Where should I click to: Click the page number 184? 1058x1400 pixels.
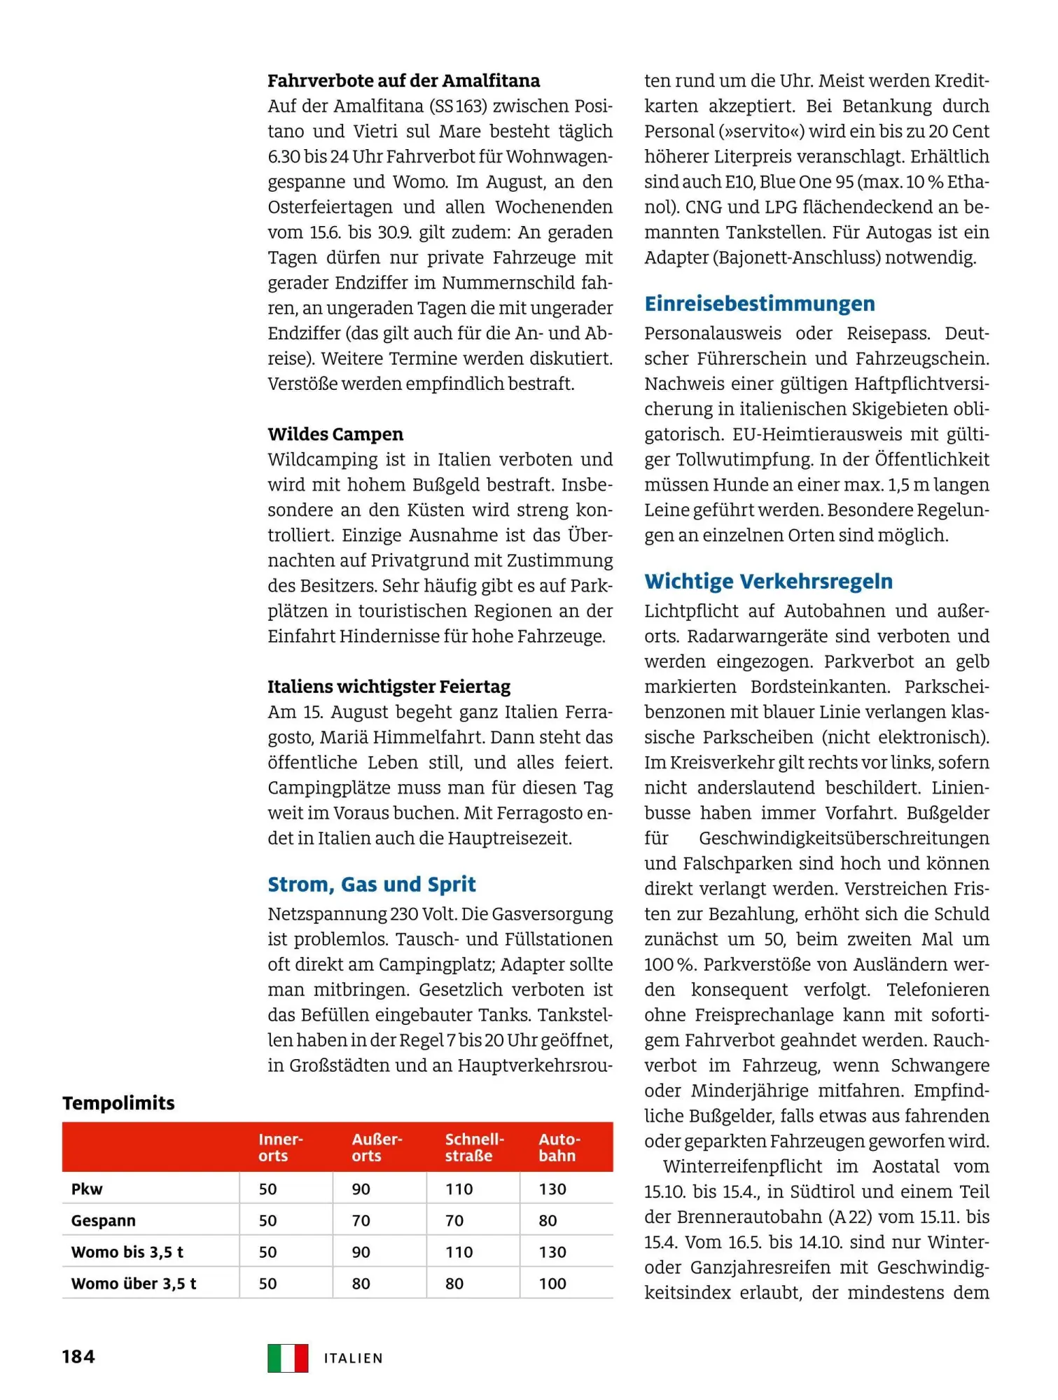tap(78, 1357)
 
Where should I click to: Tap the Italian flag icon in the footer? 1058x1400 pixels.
tap(287, 1358)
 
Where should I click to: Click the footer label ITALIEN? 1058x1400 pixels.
tap(354, 1359)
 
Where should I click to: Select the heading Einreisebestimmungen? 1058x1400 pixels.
tap(759, 303)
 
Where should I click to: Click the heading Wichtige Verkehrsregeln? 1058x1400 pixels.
tap(768, 581)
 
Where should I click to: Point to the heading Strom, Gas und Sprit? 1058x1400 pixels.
tap(371, 884)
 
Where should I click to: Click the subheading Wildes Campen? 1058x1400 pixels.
tap(335, 434)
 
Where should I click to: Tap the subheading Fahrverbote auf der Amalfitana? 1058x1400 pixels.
tap(403, 80)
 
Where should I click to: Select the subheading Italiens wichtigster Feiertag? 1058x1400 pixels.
tap(389, 686)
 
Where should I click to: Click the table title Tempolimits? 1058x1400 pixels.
tap(118, 1103)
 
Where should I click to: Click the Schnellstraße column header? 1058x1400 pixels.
tap(474, 1147)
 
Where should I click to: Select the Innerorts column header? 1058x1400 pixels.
tap(280, 1147)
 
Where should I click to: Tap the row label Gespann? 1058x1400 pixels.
tap(104, 1220)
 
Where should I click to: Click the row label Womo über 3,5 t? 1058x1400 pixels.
tap(133, 1283)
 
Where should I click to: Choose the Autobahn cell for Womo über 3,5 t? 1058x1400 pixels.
tap(552, 1283)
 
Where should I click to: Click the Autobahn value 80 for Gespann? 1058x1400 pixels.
tap(548, 1220)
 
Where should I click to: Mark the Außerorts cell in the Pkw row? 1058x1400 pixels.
tap(361, 1189)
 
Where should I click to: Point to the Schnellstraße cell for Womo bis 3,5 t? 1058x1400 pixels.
tap(459, 1252)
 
